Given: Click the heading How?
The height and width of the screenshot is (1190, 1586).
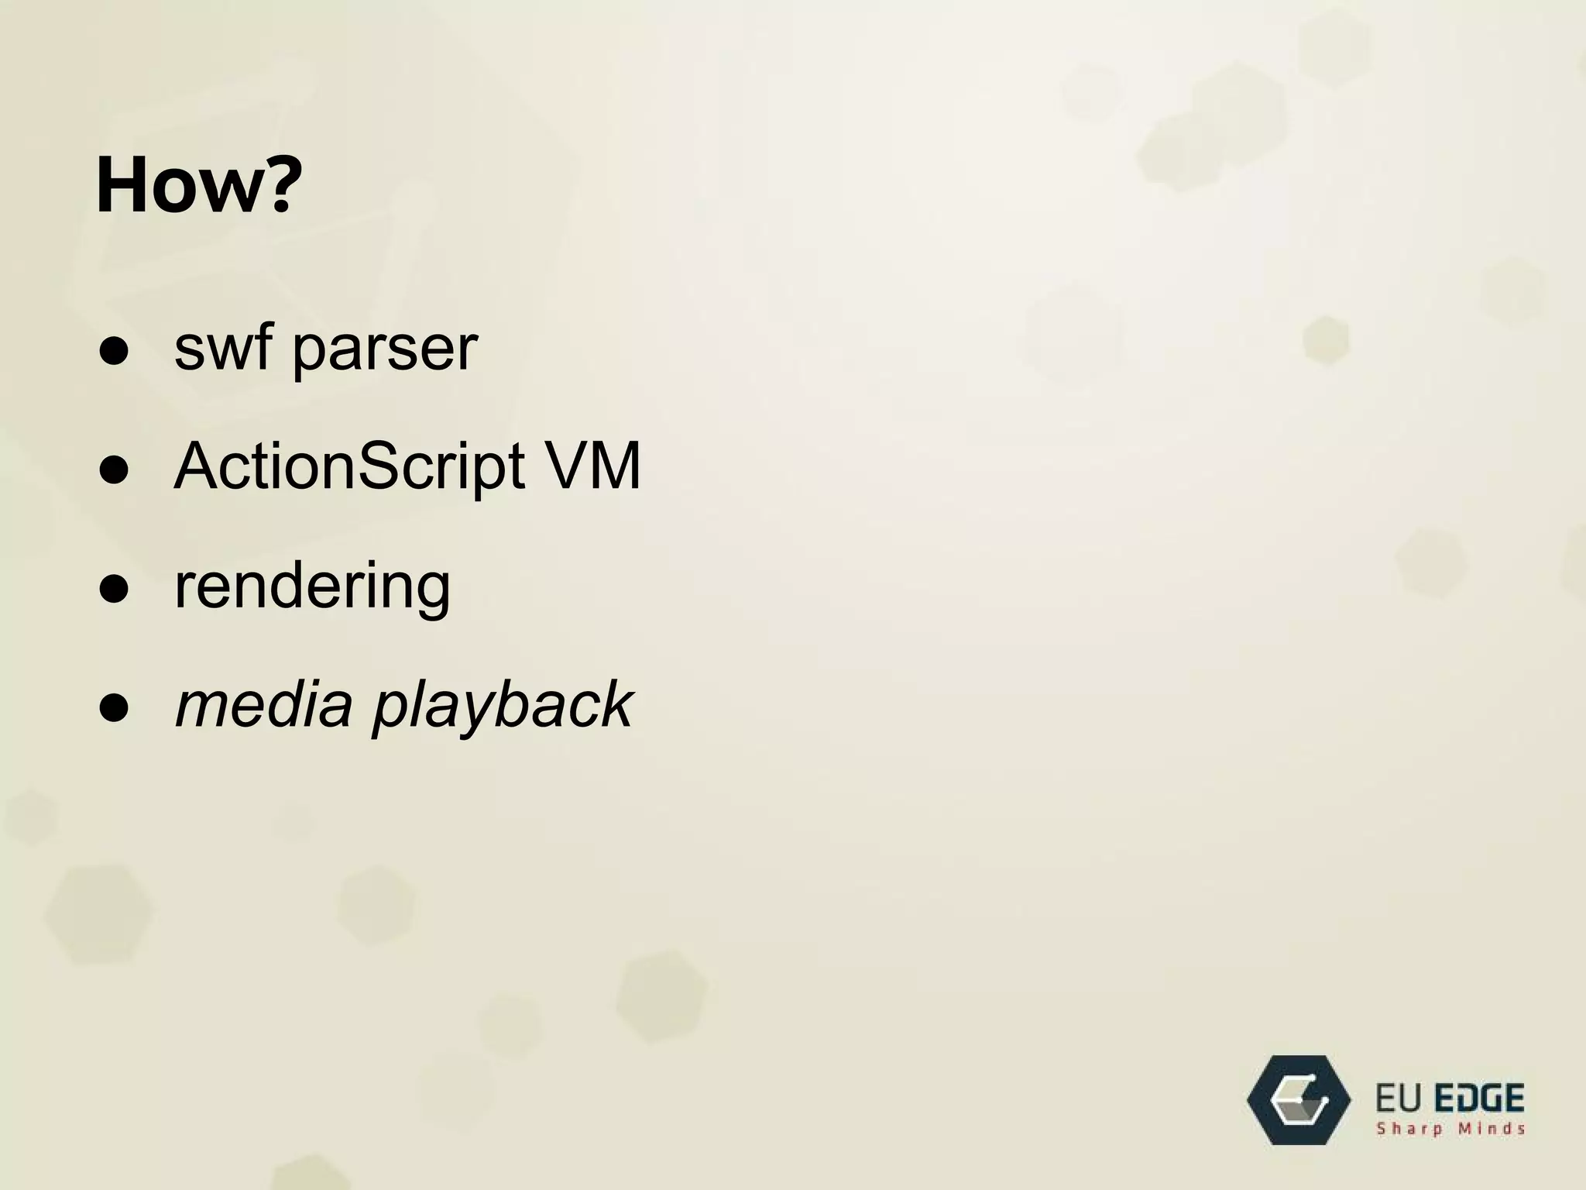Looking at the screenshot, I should tap(198, 185).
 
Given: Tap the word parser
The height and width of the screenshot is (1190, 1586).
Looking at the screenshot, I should tap(385, 353).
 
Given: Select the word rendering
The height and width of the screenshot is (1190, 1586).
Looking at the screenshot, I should tap(312, 587).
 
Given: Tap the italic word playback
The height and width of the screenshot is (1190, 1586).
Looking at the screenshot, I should tap(503, 707).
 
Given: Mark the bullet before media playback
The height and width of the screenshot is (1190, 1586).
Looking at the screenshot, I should tap(114, 709).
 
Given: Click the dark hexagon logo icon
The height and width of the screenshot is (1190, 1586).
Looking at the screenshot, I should tap(1299, 1099).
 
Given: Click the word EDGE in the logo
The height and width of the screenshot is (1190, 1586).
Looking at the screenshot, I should tap(1480, 1099).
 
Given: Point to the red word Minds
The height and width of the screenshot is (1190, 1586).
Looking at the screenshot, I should tap(1491, 1129).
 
